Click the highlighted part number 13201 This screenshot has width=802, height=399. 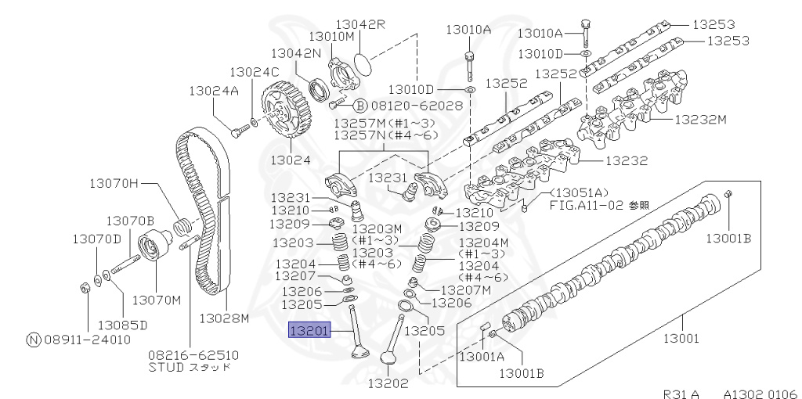tap(312, 331)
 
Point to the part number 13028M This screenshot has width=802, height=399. tap(223, 318)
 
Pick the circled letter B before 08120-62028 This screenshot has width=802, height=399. tap(359, 105)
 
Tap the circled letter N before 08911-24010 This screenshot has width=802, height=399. tap(33, 340)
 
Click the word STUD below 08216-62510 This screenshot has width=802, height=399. tap(166, 366)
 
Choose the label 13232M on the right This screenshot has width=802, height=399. tap(700, 120)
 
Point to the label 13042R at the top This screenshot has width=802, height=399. tap(361, 23)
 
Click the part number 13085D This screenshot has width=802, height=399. tap(122, 323)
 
